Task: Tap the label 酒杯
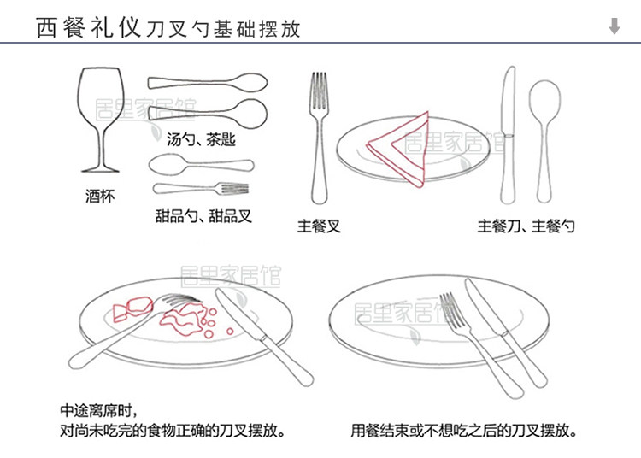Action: click(x=100, y=197)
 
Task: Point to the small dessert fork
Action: click(x=200, y=188)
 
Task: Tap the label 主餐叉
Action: click(x=319, y=226)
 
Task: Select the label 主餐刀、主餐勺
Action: click(x=526, y=226)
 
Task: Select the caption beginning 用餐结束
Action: click(x=462, y=430)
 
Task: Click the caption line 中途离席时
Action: click(x=98, y=409)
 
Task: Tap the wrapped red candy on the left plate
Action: click(x=137, y=305)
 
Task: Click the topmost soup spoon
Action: click(x=209, y=84)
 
